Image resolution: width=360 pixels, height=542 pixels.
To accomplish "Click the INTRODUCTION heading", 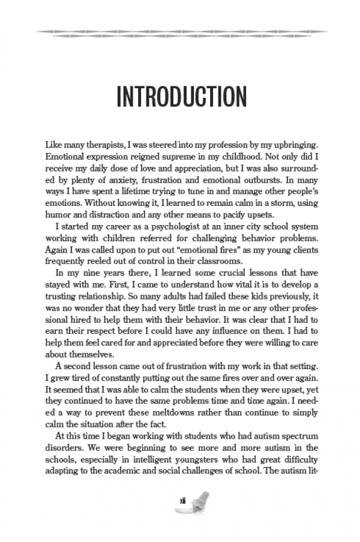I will click(181, 97).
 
